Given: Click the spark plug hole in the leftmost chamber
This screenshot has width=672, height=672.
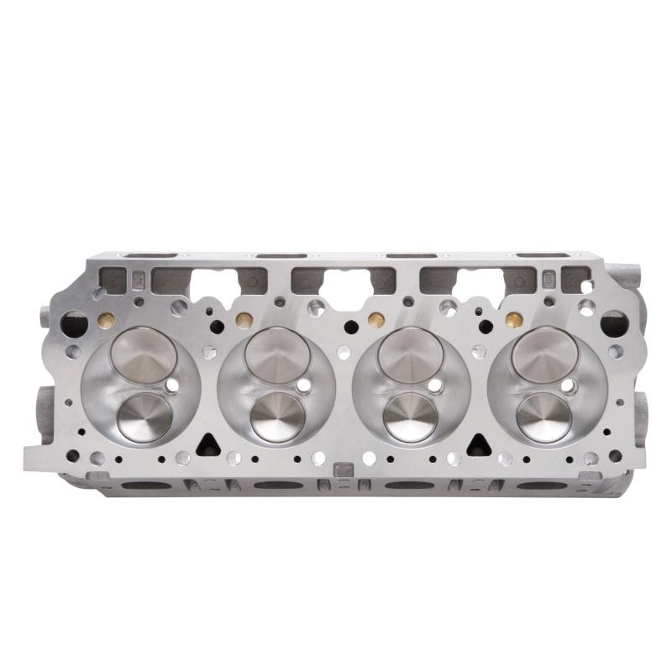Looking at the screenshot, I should [x=172, y=385].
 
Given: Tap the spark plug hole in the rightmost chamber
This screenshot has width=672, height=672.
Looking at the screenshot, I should [x=568, y=386].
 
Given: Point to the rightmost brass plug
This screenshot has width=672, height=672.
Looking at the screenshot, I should [x=511, y=320].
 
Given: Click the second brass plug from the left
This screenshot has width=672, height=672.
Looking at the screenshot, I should [x=244, y=320].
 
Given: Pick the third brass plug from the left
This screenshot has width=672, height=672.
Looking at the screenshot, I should [x=376, y=320].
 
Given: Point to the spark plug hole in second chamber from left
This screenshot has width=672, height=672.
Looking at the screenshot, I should [x=304, y=386].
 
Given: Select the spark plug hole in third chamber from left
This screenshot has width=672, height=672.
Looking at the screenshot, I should [x=435, y=386].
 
